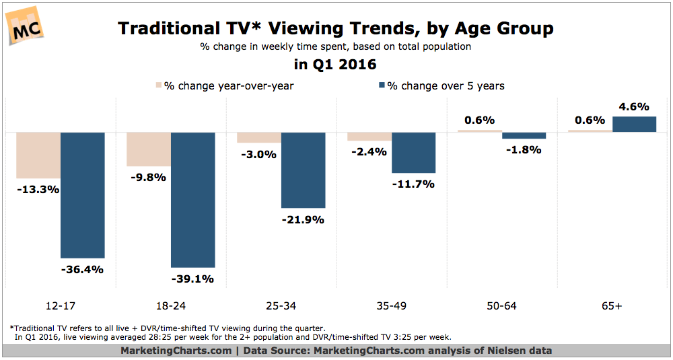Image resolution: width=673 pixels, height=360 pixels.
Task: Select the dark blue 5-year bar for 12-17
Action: [x=82, y=195]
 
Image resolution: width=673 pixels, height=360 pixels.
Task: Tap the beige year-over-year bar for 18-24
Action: [x=149, y=149]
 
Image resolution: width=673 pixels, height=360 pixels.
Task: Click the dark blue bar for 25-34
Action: [x=303, y=170]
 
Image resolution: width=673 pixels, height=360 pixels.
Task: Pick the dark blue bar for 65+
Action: [x=635, y=124]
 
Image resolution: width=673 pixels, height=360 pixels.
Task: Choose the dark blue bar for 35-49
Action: [x=413, y=152]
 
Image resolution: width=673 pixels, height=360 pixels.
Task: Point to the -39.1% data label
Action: [x=192, y=279]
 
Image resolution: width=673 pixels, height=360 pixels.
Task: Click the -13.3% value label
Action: [x=38, y=189]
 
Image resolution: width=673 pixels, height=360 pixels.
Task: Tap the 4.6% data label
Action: [x=634, y=107]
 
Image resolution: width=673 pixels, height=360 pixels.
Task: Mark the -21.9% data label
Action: [x=303, y=220]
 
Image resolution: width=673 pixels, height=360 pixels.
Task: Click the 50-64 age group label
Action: [x=502, y=307]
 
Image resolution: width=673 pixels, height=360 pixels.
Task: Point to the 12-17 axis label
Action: [x=61, y=307]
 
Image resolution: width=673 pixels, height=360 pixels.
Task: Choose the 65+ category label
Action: [x=612, y=307]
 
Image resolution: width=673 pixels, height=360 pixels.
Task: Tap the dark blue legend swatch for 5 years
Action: [x=382, y=85]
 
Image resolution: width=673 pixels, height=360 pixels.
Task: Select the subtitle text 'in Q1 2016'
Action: [x=336, y=65]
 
